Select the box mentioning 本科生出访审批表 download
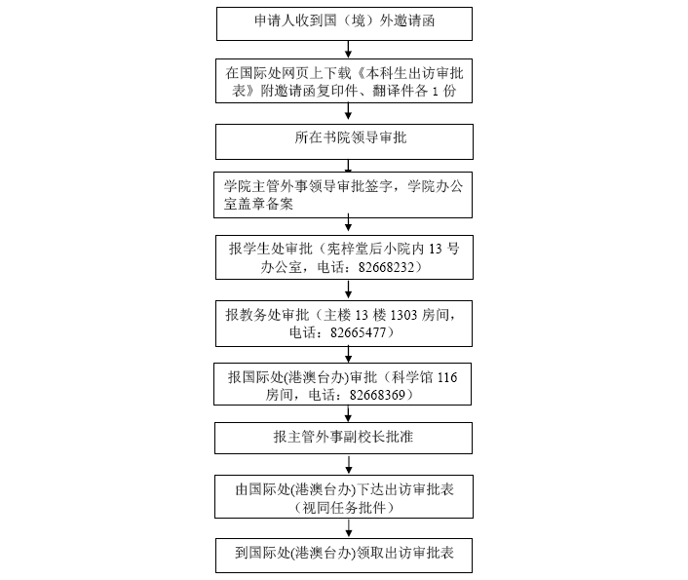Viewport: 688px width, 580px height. point(344,82)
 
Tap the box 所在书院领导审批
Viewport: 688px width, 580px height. point(344,138)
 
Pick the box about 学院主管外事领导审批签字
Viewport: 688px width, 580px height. point(344,196)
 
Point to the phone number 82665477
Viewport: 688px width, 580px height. point(363,332)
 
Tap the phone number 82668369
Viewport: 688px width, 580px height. point(380,395)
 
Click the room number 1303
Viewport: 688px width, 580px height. point(406,315)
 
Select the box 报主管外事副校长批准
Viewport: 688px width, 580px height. point(344,438)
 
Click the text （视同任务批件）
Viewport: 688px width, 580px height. point(344,508)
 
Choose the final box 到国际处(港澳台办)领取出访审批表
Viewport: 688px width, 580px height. point(344,556)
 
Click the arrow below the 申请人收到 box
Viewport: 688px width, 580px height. point(347,49)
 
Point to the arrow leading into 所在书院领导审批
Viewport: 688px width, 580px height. point(347,114)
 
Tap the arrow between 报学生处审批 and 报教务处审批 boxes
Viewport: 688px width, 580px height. point(348,289)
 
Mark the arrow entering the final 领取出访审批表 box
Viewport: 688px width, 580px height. point(348,530)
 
